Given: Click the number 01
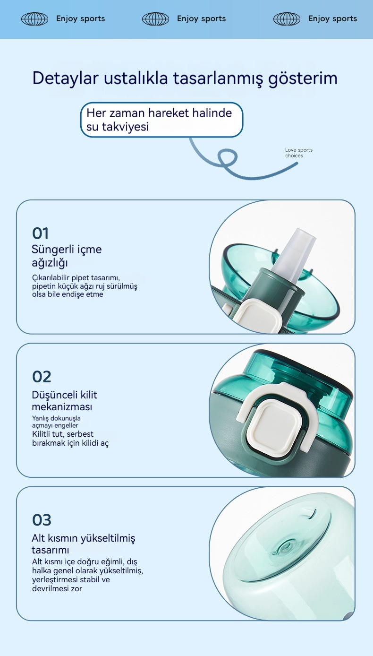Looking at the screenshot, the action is pos(41,233).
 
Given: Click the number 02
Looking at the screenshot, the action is pos(42,377).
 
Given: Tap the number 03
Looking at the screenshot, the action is pos(42,520).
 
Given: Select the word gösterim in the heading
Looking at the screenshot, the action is pos(303,79).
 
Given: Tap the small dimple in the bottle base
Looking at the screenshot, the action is pos(285,547).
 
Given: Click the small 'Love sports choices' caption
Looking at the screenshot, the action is pos(299,153).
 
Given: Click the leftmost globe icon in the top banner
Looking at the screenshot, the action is pos(35,19).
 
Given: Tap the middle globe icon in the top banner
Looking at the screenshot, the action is pos(156,19).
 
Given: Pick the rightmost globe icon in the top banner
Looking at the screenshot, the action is pos(287,19).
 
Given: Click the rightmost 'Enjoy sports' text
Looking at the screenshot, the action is pos(332,19).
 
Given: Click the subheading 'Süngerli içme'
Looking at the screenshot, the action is pos(67,250).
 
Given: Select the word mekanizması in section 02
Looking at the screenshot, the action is pos(62,407).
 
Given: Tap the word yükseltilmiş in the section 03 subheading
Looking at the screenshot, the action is pos(108,538).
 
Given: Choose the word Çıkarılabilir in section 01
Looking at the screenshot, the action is pos(51,277).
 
